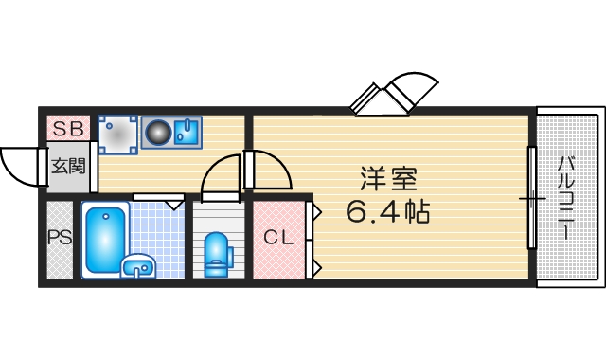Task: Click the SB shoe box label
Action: [67, 127]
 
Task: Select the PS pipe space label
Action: [59, 238]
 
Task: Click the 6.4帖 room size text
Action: [387, 211]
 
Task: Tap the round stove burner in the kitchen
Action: [158, 134]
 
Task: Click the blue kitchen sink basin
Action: [186, 134]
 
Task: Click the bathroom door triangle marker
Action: [174, 203]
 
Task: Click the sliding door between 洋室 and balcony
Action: [532, 198]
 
